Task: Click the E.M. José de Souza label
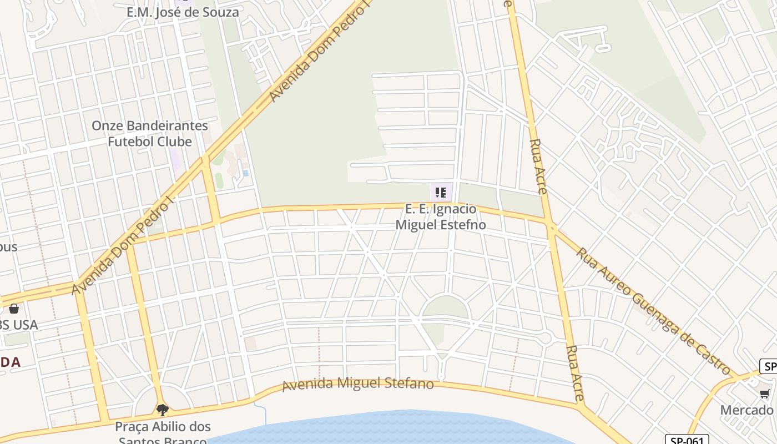[183, 12]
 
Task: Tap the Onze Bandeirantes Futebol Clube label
[150, 133]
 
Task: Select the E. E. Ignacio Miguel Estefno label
[441, 217]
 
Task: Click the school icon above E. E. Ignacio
[441, 193]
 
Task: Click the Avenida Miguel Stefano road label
[358, 384]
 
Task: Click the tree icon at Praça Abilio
[163, 410]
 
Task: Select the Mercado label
[746, 410]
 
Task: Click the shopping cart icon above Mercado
[765, 394]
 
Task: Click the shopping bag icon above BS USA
[13, 309]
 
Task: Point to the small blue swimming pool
[245, 173]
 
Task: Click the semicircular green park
[446, 307]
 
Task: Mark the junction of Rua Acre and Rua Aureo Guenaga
[551, 225]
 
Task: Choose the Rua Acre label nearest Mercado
[576, 373]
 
